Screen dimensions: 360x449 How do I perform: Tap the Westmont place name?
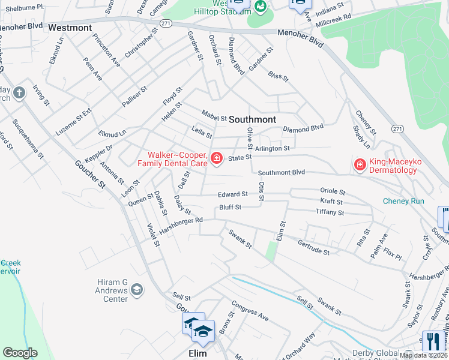point(70,28)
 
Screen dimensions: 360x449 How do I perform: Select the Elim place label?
point(197,353)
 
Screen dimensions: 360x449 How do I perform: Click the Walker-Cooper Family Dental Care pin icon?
point(216,158)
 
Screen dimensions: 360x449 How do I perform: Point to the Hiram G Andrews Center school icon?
point(137,291)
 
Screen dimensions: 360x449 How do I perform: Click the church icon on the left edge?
point(19,93)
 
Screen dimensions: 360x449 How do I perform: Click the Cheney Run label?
point(403,201)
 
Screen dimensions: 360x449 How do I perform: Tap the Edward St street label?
point(233,194)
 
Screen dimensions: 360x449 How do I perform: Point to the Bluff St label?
point(230,208)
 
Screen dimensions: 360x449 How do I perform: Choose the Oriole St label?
point(333,192)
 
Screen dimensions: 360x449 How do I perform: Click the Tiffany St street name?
point(330,212)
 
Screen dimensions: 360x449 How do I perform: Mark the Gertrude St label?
point(313,247)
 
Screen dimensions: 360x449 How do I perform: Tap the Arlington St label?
point(272,148)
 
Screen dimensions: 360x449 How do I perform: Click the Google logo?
point(20,353)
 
